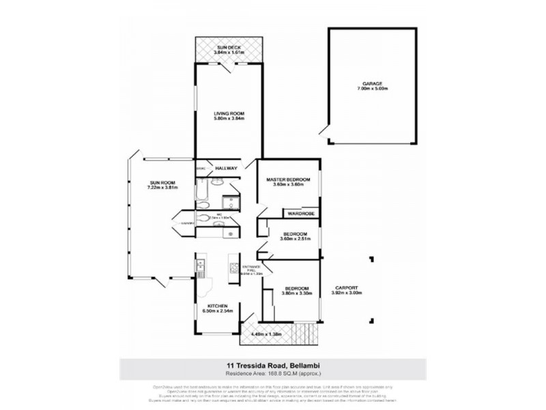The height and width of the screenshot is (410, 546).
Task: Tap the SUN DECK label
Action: [228, 46]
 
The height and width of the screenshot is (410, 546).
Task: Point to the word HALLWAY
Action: [226, 168]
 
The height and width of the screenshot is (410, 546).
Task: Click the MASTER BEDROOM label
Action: [288, 180]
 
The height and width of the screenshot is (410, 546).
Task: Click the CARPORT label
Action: [346, 288]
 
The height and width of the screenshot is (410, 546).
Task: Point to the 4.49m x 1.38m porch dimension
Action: [265, 334]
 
